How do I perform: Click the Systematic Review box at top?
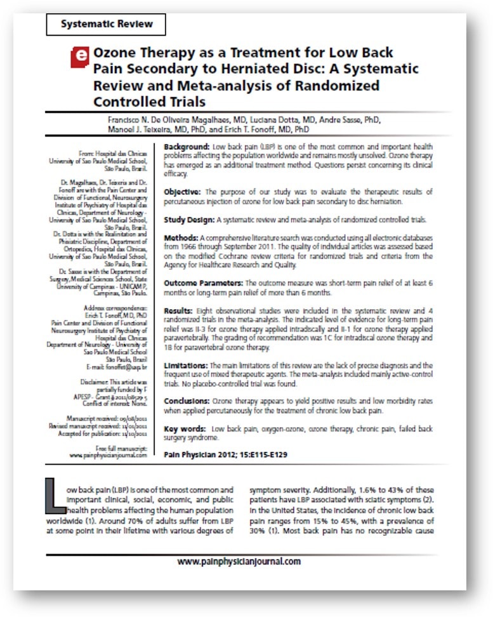tap(106, 24)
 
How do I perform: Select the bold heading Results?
tap(178, 312)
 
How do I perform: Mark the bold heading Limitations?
tap(185, 366)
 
